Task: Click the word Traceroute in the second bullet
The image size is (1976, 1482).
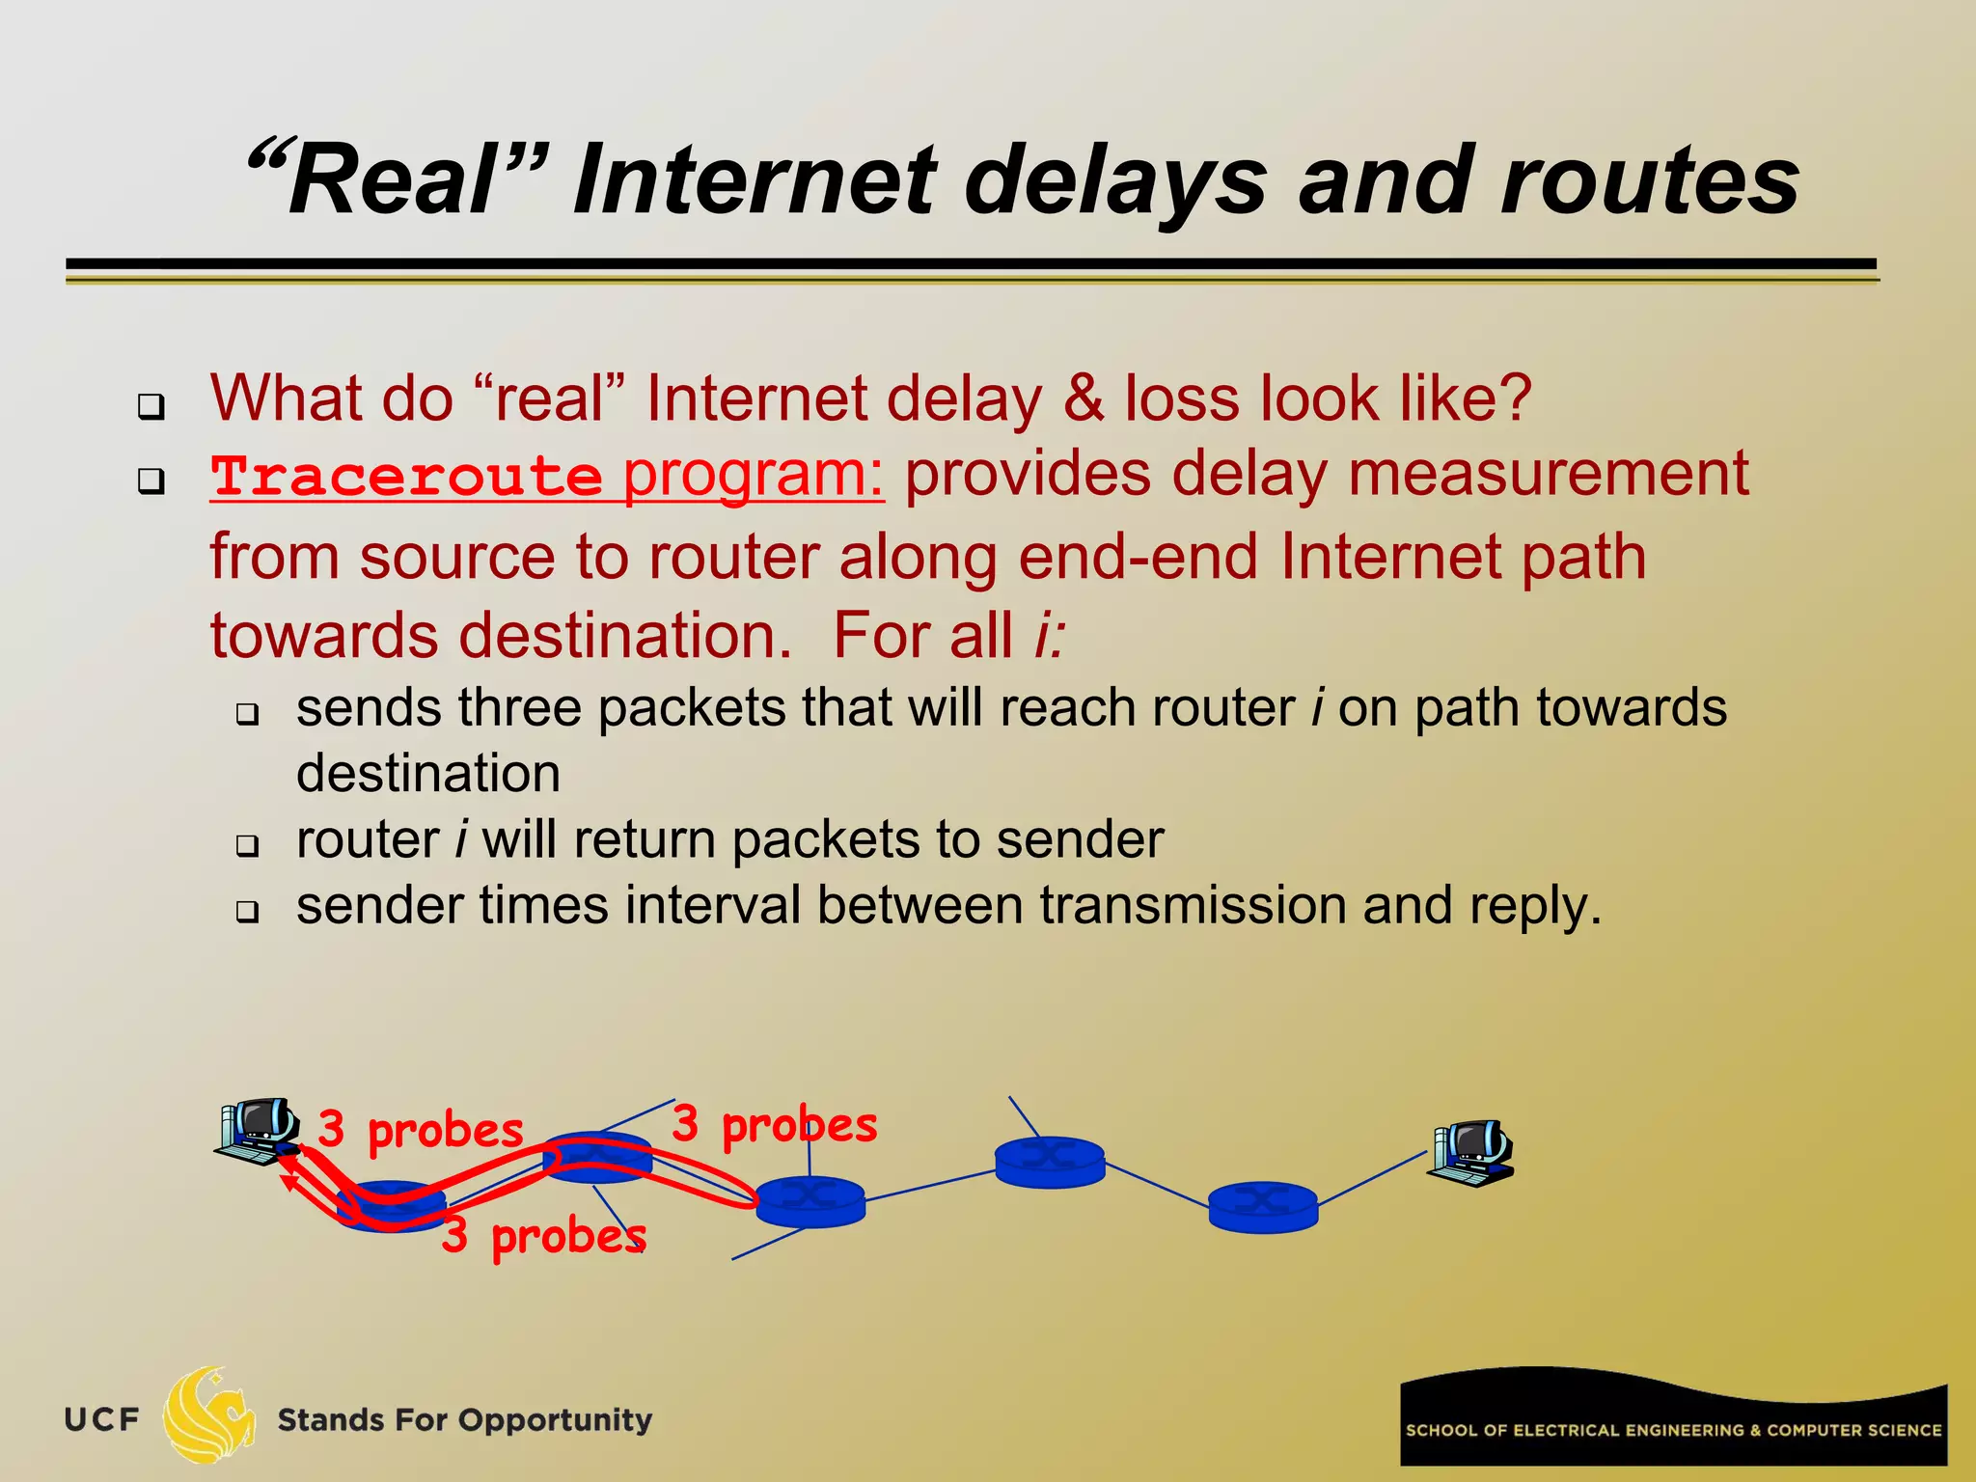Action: tap(406, 477)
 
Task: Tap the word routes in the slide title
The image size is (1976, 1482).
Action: tap(1649, 181)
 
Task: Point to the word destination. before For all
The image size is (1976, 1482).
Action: tap(501, 636)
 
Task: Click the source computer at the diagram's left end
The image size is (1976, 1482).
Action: tap(257, 1129)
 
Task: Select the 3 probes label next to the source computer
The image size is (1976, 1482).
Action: tap(421, 1130)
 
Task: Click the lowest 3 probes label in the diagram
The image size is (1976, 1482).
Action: tap(544, 1236)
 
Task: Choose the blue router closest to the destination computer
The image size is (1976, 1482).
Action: tap(1263, 1206)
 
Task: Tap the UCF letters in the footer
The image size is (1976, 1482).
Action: tap(101, 1420)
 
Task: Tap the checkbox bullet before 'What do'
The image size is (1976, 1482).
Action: tap(151, 405)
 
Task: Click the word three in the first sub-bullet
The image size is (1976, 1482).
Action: tap(520, 708)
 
